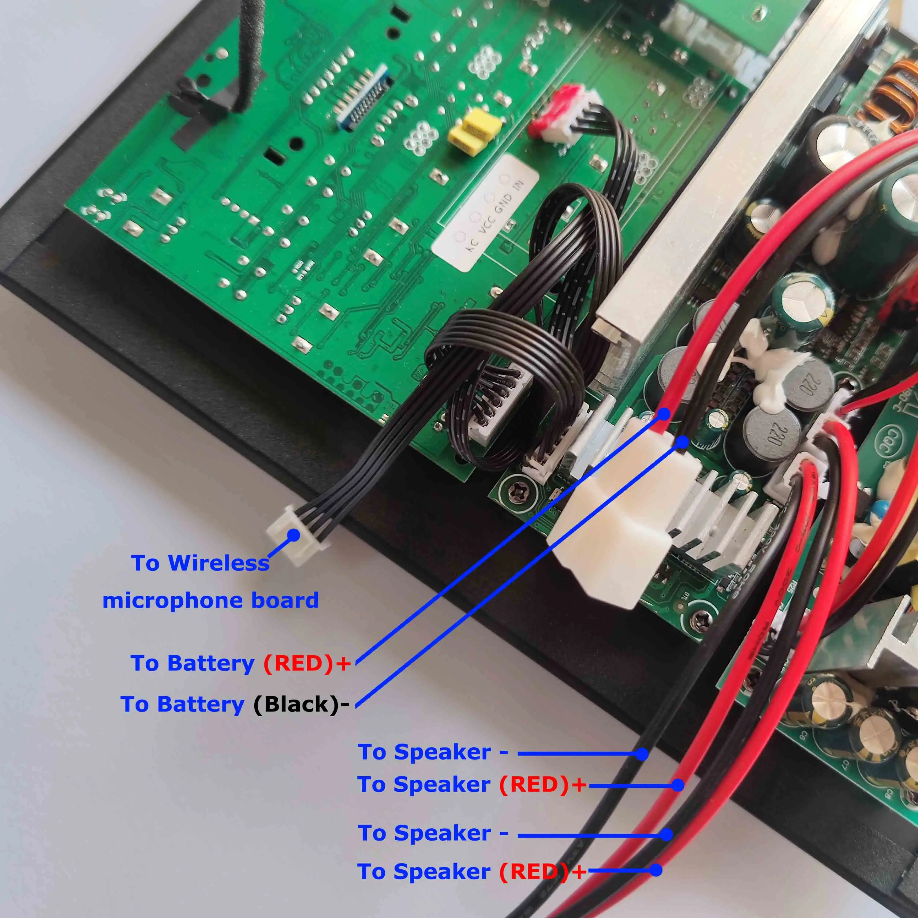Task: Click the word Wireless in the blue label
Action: [x=218, y=564]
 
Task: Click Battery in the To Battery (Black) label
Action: [x=200, y=704]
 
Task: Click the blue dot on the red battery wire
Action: [x=663, y=414]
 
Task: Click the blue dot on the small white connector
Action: [x=294, y=535]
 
